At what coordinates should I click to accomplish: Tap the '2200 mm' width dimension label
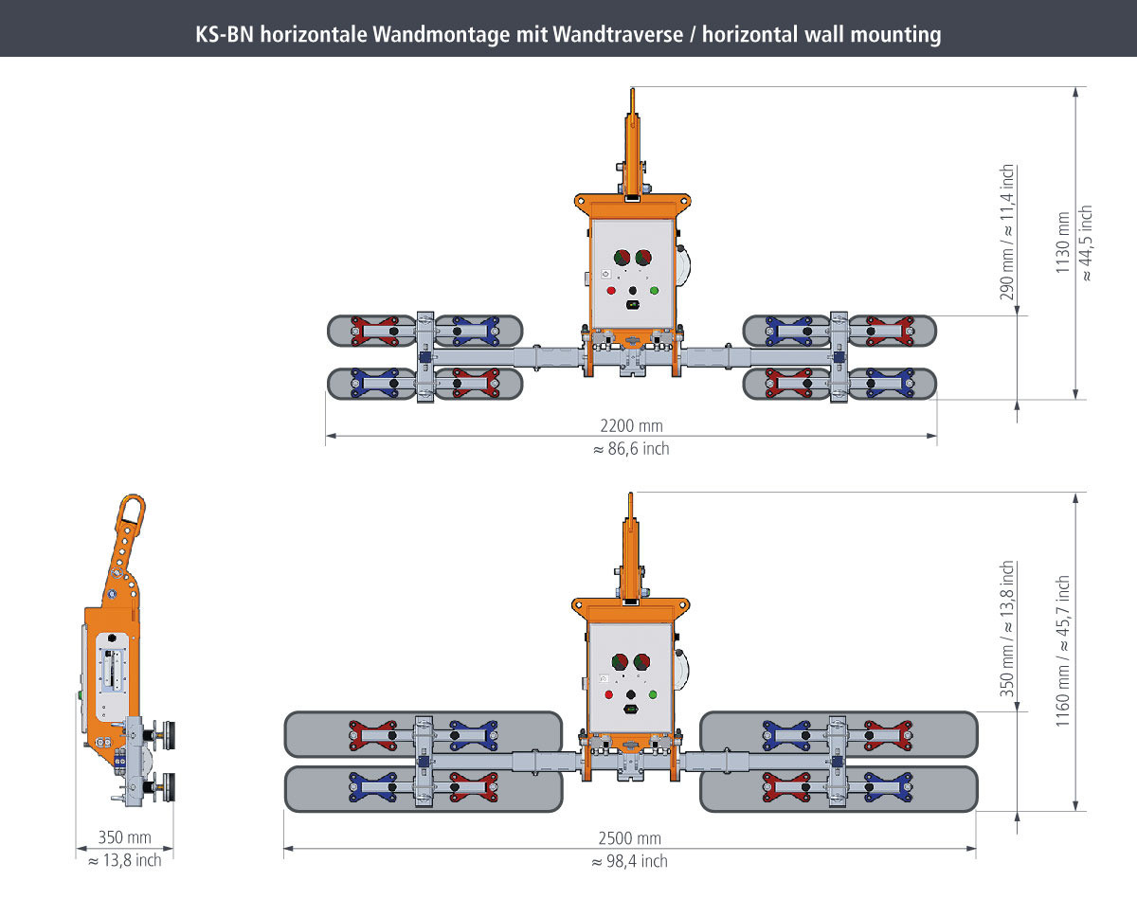tap(630, 426)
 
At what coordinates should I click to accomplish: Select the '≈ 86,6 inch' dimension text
tap(630, 448)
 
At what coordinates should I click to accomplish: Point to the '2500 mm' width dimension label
tap(630, 838)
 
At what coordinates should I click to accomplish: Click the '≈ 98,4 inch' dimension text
tap(630, 860)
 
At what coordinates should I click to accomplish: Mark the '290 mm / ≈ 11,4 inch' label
tap(1008, 233)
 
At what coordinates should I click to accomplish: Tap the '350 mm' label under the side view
tap(125, 838)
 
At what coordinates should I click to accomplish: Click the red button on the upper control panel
tap(611, 290)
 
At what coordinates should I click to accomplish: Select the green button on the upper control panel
tap(654, 290)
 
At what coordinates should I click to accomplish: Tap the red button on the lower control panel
tap(609, 694)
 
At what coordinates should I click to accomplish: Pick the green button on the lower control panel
tap(652, 694)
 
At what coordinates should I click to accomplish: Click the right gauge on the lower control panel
tap(641, 661)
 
